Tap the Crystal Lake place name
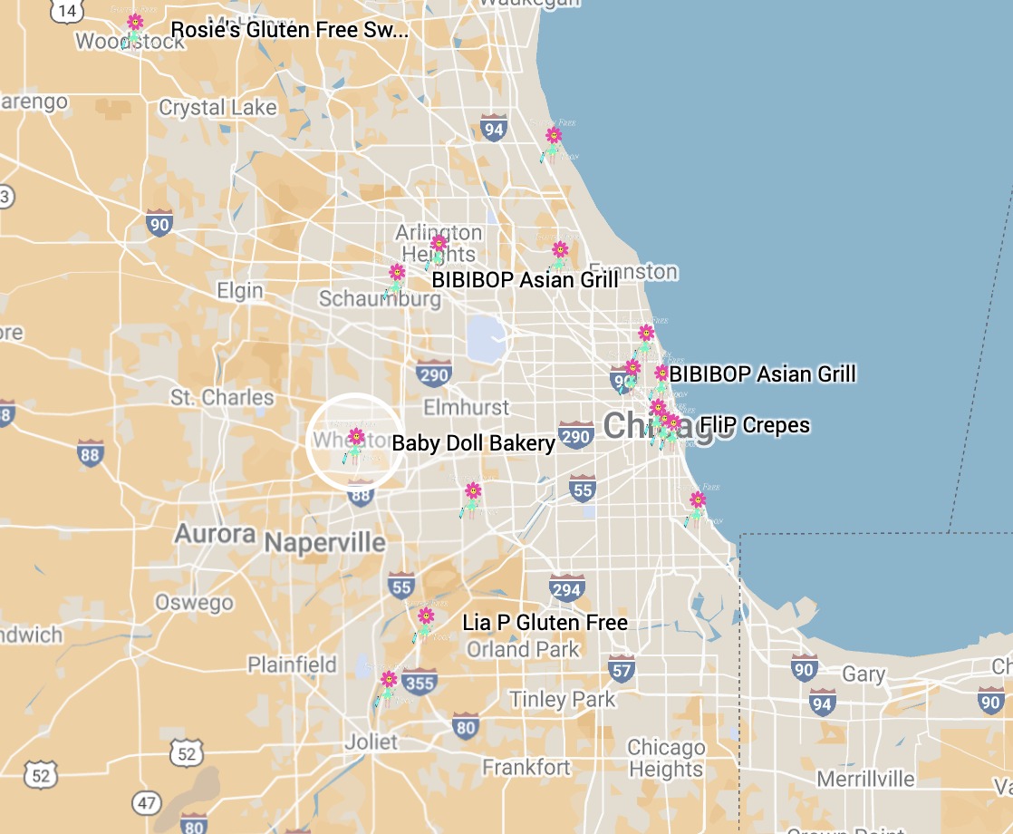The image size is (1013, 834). click(217, 108)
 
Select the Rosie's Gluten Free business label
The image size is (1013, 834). click(289, 30)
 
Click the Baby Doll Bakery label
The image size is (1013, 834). click(473, 443)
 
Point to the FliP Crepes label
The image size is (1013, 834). click(754, 425)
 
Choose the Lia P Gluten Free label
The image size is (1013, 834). click(545, 623)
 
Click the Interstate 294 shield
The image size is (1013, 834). click(567, 588)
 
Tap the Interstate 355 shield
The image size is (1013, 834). click(420, 680)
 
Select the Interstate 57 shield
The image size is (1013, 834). click(621, 669)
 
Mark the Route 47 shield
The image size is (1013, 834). click(146, 802)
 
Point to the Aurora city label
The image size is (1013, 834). click(215, 533)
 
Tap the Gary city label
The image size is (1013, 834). click(863, 674)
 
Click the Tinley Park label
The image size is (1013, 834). click(562, 699)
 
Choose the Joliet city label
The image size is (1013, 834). click(371, 742)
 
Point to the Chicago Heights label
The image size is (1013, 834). click(666, 759)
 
